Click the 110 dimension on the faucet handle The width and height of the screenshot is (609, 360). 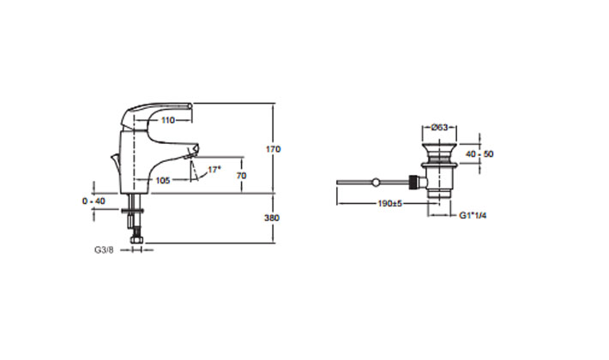point(167,121)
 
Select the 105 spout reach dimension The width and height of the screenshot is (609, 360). point(164,180)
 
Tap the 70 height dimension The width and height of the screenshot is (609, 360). point(243,175)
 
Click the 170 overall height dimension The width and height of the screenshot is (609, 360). point(274,149)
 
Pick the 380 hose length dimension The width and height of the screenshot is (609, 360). point(274,218)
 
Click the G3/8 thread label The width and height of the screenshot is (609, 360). point(103,251)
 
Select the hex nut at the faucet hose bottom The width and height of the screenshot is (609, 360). point(135,243)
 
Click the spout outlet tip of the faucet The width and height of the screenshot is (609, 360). point(193,152)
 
